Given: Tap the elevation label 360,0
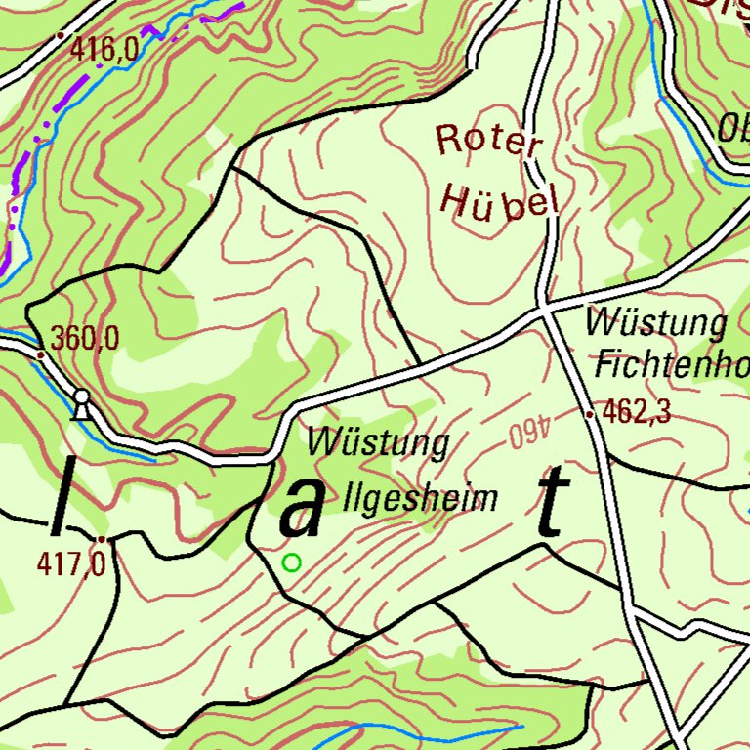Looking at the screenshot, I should click(85, 339).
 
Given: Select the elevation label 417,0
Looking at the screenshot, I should click(71, 563).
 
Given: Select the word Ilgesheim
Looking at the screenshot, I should click(422, 499).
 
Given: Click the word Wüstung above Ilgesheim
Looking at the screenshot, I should click(379, 443).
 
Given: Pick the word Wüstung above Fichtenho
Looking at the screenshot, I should click(656, 323).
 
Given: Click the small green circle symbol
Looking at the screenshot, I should click(291, 562).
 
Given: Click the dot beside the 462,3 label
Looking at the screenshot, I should click(591, 414).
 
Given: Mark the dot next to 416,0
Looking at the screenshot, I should click(61, 36).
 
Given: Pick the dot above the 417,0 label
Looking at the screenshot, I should click(101, 539).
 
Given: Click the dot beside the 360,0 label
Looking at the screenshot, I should click(40, 354).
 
